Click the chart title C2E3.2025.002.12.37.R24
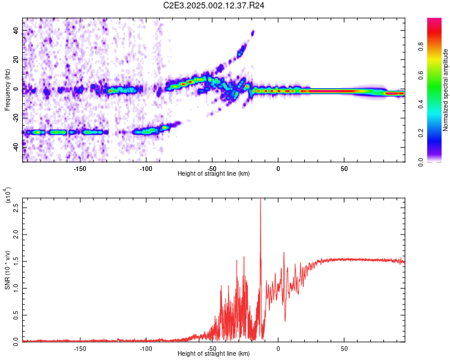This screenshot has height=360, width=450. tap(214, 5)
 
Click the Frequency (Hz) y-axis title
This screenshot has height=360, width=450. tap(7, 90)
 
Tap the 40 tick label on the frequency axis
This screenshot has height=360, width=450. tap(16, 31)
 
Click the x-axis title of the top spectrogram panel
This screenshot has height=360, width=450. tap(214, 174)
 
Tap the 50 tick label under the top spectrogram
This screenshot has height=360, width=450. tap(344, 168)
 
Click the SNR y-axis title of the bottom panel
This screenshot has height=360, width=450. tap(7, 270)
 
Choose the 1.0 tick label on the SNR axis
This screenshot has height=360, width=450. tap(16, 288)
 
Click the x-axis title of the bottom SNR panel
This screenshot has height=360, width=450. tap(214, 354)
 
